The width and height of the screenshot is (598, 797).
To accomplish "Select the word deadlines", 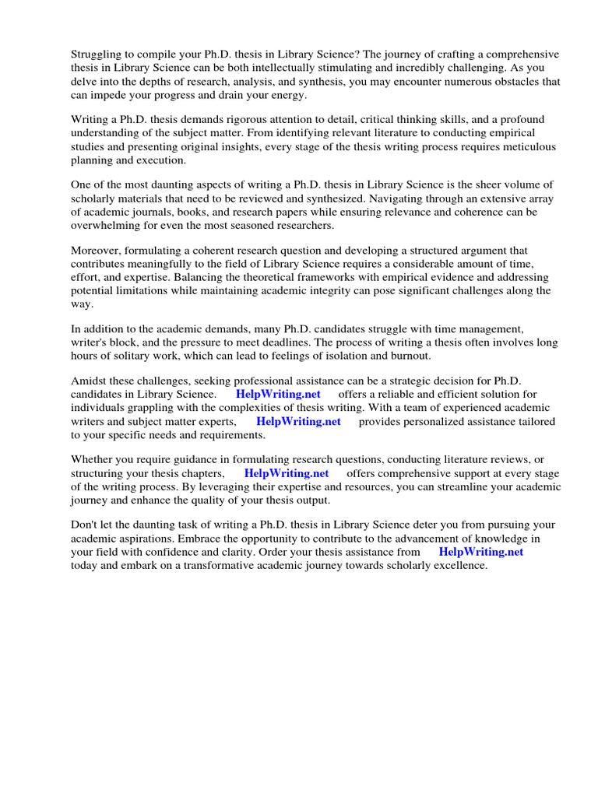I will click(371, 342).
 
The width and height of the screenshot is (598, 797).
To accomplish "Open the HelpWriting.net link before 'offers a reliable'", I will click(278, 395).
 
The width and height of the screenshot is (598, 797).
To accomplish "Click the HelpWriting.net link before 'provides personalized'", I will click(298, 422).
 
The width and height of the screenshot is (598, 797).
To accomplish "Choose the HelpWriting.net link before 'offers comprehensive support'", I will click(287, 473).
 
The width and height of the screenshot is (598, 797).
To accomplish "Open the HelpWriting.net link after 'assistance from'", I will click(481, 552).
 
